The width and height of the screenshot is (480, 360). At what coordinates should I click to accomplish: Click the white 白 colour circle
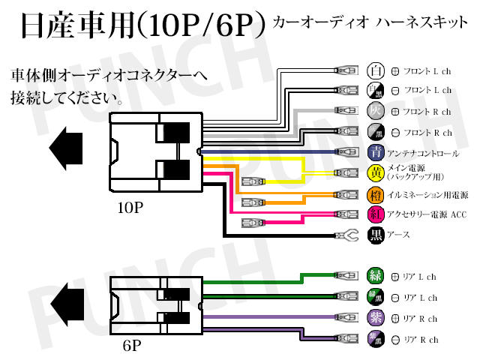[x=375, y=71]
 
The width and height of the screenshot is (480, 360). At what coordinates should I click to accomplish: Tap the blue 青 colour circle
[x=376, y=153]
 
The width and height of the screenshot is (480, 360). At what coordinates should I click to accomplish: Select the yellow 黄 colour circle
[x=376, y=173]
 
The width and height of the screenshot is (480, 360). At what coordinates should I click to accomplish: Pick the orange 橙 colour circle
[x=376, y=195]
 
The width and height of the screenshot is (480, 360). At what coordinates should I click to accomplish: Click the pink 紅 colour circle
[x=376, y=215]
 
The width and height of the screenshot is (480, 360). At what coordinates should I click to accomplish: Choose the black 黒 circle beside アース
[x=376, y=236]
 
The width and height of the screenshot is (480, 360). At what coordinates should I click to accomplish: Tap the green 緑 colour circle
[x=375, y=276]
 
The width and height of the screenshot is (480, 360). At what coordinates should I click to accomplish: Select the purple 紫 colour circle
[x=375, y=318]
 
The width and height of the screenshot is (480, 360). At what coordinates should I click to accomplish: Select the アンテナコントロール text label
[x=422, y=154]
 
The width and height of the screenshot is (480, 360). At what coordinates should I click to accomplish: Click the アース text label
[x=397, y=236]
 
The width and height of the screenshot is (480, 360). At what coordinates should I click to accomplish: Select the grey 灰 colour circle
[x=375, y=112]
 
